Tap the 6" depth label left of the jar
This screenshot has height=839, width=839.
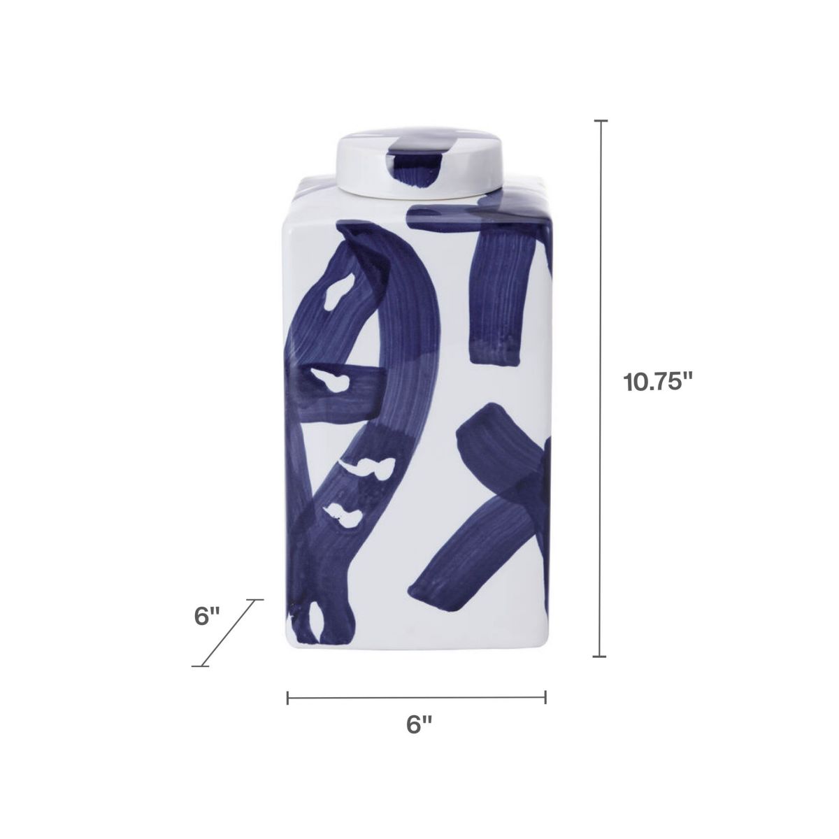(x=207, y=617)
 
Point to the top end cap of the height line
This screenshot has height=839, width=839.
(x=600, y=122)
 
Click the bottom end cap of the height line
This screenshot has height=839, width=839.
(x=600, y=657)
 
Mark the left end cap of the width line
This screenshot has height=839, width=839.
(x=288, y=697)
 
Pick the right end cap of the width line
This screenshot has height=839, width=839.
(x=545, y=697)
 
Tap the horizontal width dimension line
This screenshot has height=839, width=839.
(x=417, y=697)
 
